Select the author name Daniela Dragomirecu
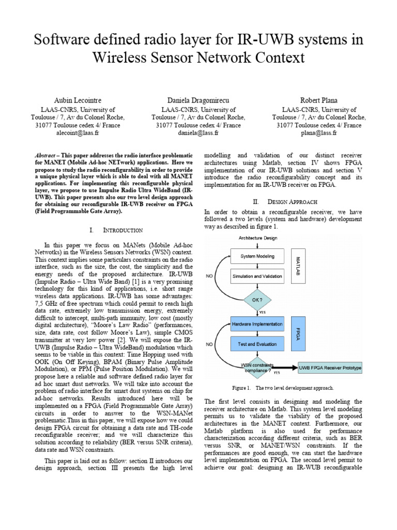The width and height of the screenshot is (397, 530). tap(198, 99)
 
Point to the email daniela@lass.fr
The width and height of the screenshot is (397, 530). tap(198, 133)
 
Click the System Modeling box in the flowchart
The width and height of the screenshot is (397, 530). tap(257, 256)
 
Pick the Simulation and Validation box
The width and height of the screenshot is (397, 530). tap(257, 276)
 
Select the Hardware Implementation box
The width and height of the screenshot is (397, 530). tap(257, 325)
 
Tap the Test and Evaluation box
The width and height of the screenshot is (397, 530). tap(257, 344)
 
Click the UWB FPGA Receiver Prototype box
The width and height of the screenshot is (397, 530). tap(330, 368)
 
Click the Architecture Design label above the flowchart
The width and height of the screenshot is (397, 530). tap(258, 238)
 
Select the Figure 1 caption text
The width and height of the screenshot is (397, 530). tap(283, 388)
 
